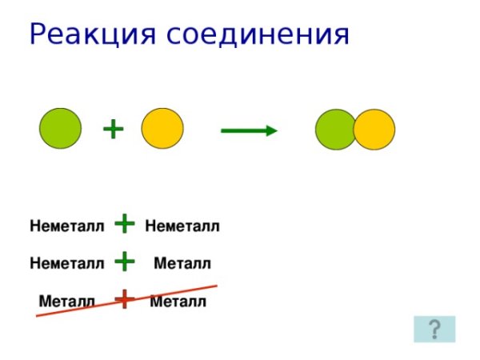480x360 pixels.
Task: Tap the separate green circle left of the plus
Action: (x=61, y=128)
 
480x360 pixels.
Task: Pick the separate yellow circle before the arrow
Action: (x=162, y=128)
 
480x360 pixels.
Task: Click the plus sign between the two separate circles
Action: (x=114, y=128)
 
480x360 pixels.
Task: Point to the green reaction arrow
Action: (x=248, y=130)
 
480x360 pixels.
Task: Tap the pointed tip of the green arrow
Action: (x=274, y=130)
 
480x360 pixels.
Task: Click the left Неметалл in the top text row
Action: (x=67, y=227)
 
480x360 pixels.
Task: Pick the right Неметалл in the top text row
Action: (x=182, y=227)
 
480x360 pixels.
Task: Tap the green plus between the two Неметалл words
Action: (x=124, y=224)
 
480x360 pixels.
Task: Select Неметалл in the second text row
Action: (x=67, y=263)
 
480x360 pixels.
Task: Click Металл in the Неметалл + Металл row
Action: (x=182, y=263)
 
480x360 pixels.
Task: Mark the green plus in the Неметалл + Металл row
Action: (x=124, y=261)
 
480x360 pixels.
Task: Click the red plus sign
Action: (x=124, y=299)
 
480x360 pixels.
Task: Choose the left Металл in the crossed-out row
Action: (x=67, y=302)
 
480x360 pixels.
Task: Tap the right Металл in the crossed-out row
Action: (x=178, y=302)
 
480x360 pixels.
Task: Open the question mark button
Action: (x=434, y=329)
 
